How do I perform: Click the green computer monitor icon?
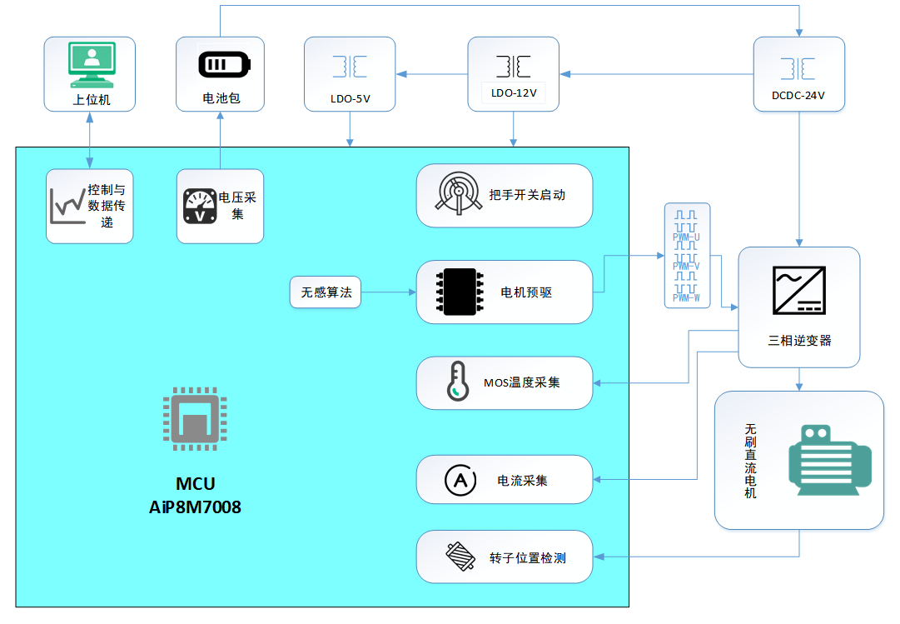tap(91, 66)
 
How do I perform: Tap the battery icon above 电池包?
tap(220, 65)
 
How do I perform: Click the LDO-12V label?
tap(513, 93)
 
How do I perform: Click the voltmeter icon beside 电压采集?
tap(198, 206)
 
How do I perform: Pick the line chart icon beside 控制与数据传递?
tap(67, 206)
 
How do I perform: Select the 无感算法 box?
tap(326, 292)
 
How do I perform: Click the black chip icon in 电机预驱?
tap(456, 292)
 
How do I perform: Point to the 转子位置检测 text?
tap(528, 557)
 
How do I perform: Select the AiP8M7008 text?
tap(195, 507)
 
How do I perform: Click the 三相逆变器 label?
tap(799, 341)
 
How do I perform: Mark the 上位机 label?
tap(91, 99)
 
